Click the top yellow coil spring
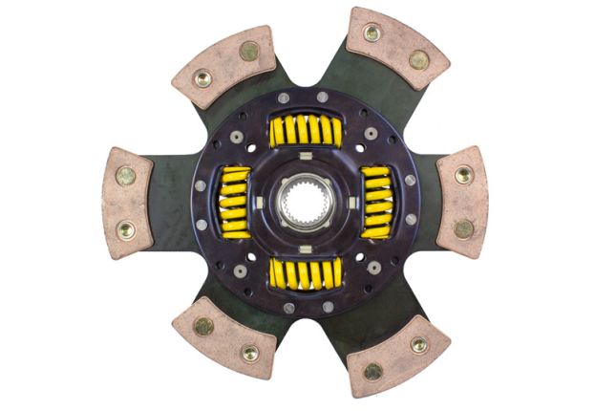click(x=305, y=131)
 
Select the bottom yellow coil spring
click(x=305, y=273)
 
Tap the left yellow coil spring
click(x=236, y=203)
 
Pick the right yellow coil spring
click(x=376, y=202)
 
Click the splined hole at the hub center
click(x=305, y=203)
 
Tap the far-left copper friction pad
click(x=126, y=203)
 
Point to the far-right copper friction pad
click(x=463, y=202)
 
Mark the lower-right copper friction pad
click(x=396, y=356)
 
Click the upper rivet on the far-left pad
click(x=126, y=176)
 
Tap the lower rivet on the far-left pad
click(x=126, y=229)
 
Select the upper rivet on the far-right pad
click(x=463, y=175)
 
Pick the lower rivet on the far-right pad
click(x=463, y=228)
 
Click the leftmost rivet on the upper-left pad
click(x=202, y=78)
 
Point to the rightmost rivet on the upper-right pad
click(x=419, y=59)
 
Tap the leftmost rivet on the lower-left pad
click(x=202, y=326)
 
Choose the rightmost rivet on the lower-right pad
click(x=419, y=344)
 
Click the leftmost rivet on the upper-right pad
click(x=372, y=32)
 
